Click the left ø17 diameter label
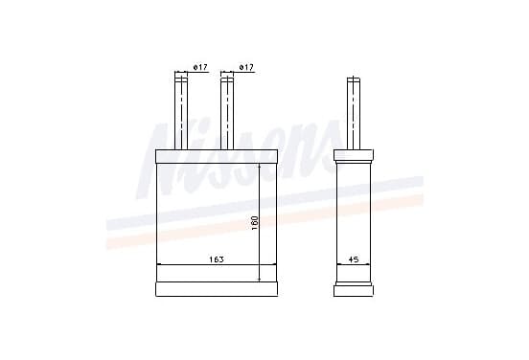click(199, 67)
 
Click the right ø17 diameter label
click(246, 67)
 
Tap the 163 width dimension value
click(217, 259)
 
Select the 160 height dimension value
click(255, 223)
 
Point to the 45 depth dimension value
click(354, 259)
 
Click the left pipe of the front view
click(181, 114)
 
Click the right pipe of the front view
click(227, 114)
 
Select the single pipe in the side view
click(354, 114)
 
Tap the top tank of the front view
click(217, 156)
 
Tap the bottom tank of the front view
click(217, 289)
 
